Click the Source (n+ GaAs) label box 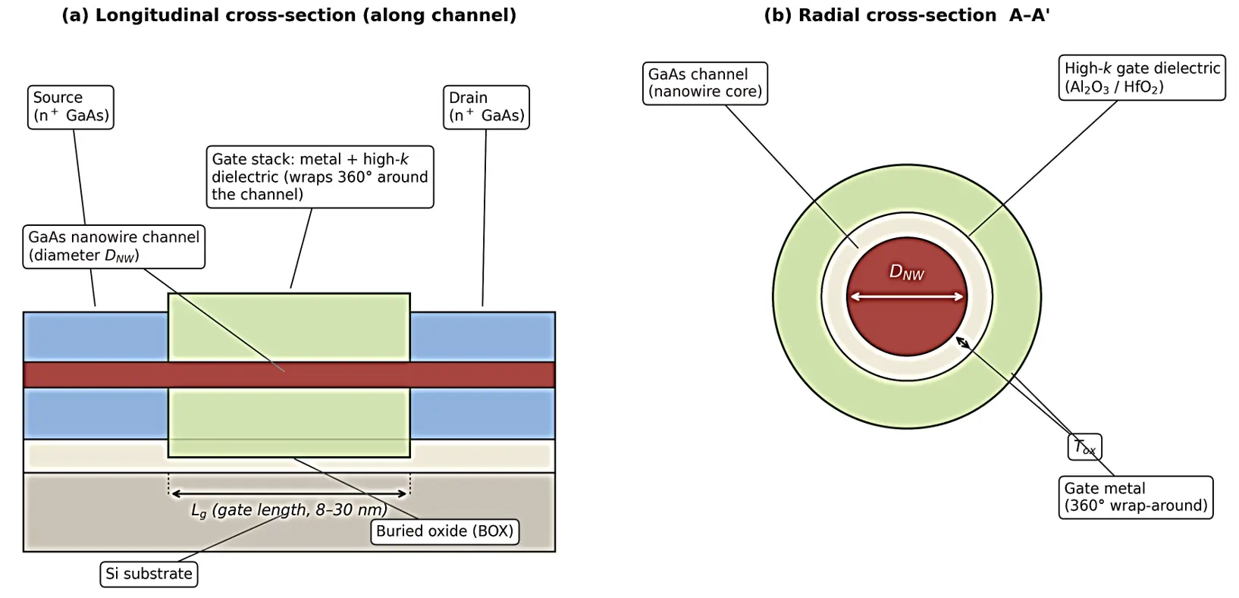point(71,107)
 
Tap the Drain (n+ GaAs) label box point(486,107)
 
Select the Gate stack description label point(320,177)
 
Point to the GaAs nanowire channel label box point(114,246)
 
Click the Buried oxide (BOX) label point(444,531)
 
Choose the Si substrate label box point(149,575)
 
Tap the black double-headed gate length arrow point(290,493)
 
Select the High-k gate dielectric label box point(1142,77)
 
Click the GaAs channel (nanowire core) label point(704,83)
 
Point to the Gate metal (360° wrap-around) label point(1136,497)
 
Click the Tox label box point(1084,447)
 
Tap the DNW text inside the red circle point(906,272)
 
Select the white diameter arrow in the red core point(907,297)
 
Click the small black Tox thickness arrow point(963,343)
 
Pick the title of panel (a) point(289,15)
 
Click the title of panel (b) point(907,15)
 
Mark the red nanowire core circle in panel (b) point(907,297)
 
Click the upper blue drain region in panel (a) point(482,337)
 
